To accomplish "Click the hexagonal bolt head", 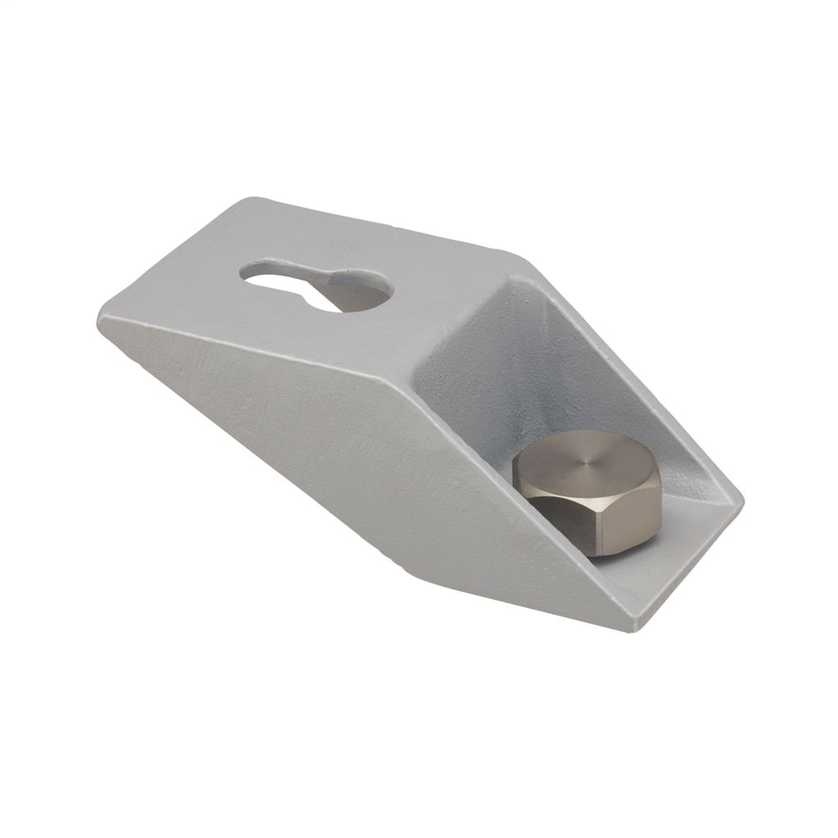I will [589, 491].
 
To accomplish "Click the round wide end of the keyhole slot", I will [360, 291].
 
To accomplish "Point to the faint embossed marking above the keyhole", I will [344, 243].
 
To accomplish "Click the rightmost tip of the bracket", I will [741, 498].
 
